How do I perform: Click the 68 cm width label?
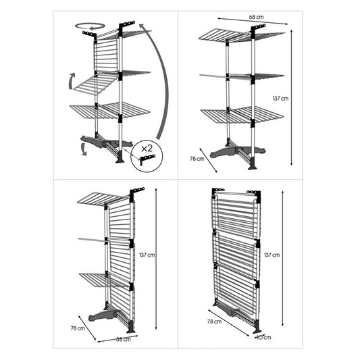[256, 17]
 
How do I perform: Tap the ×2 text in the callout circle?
[147, 149]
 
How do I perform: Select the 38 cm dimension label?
[124, 339]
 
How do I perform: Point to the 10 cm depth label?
[264, 337]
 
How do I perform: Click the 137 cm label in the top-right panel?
[280, 99]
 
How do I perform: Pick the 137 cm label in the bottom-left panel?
[147, 255]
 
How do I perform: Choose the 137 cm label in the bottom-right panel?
[272, 255]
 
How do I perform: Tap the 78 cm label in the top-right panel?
[197, 159]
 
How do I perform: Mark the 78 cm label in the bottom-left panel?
[78, 328]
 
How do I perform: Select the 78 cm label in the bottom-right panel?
[214, 322]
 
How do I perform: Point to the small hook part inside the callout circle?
[147, 159]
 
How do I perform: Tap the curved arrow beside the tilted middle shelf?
[70, 82]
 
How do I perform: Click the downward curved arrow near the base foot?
[83, 149]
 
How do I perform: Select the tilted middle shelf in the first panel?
[96, 85]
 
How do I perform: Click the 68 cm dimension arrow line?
[253, 21]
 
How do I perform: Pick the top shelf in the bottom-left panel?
[103, 199]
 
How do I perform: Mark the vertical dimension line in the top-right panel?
[291, 97]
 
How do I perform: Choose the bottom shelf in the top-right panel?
[242, 114]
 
